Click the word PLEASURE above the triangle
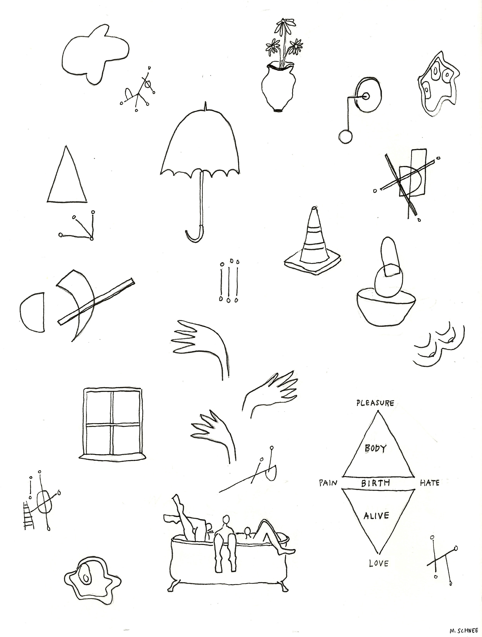click(x=375, y=403)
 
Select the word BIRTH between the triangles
click(x=375, y=483)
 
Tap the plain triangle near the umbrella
click(x=67, y=174)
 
